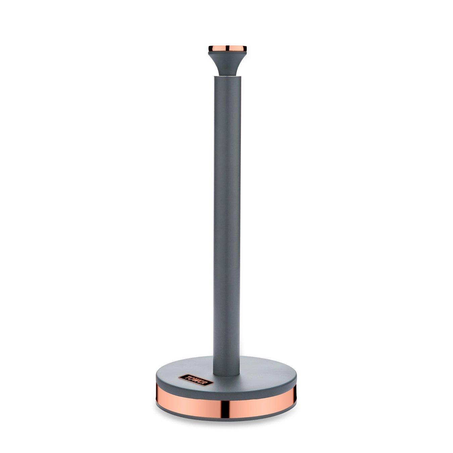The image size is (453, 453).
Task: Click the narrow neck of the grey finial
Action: [x=226, y=79]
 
